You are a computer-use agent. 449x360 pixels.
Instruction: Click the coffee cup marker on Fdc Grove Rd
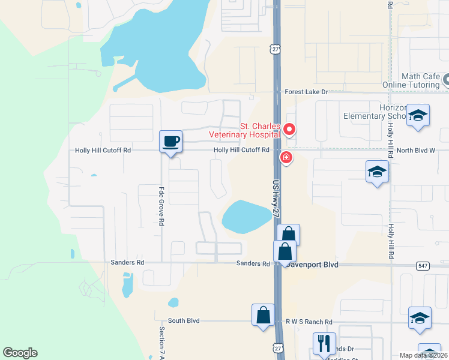click(171, 142)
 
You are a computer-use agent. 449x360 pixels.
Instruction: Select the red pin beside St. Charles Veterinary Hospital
click(289, 129)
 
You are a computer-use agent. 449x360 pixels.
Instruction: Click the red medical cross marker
click(286, 157)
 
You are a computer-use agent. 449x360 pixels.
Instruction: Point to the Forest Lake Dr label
click(306, 92)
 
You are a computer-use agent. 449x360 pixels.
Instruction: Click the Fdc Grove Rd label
click(161, 205)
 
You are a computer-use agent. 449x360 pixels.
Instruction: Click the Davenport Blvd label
click(312, 264)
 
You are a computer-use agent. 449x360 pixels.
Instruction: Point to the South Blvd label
click(184, 321)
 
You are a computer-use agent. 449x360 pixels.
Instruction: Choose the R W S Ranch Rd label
click(309, 322)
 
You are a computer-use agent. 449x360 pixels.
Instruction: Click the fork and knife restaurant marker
click(324, 344)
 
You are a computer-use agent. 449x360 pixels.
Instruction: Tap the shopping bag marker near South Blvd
click(263, 315)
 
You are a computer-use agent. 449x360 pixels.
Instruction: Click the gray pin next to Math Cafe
click(447, 80)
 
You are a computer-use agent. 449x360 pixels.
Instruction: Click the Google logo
click(20, 353)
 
